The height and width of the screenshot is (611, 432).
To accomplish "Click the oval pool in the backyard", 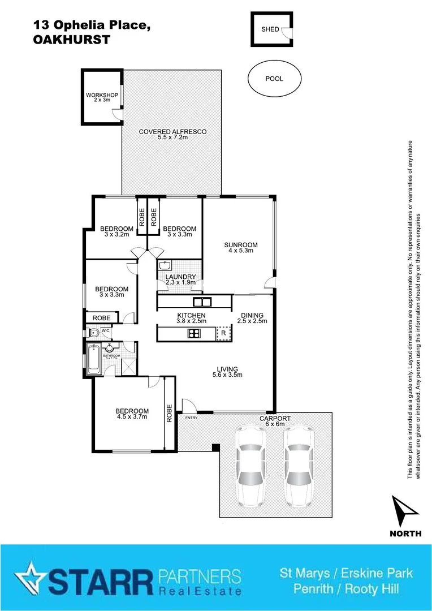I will [x=274, y=79].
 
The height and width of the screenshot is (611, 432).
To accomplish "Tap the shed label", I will [x=270, y=29].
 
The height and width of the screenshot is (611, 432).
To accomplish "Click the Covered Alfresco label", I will [x=172, y=135].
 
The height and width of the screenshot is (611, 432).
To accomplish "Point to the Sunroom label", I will [x=241, y=248].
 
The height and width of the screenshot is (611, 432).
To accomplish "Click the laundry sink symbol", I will [x=165, y=265].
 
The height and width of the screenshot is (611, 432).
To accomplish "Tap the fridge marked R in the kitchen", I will [x=224, y=333].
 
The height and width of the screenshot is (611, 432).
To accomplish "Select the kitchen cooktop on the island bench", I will [x=193, y=333].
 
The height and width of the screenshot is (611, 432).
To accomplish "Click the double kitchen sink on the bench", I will [x=201, y=301].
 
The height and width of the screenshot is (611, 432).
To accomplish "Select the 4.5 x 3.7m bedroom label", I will [x=132, y=414].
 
